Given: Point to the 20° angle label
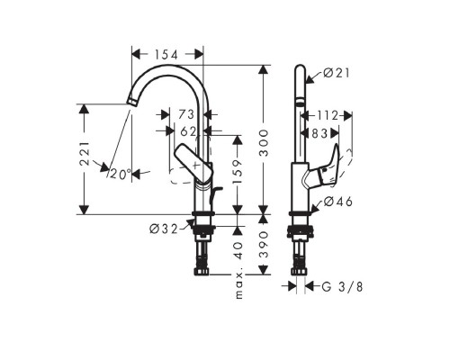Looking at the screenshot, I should coord(120,173).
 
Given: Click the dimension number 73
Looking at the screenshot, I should coord(186,114).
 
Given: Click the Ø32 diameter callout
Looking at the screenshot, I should coord(164,228).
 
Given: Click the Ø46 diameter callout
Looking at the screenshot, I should coord(335,202).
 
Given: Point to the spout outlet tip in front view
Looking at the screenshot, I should coord(130,104).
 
